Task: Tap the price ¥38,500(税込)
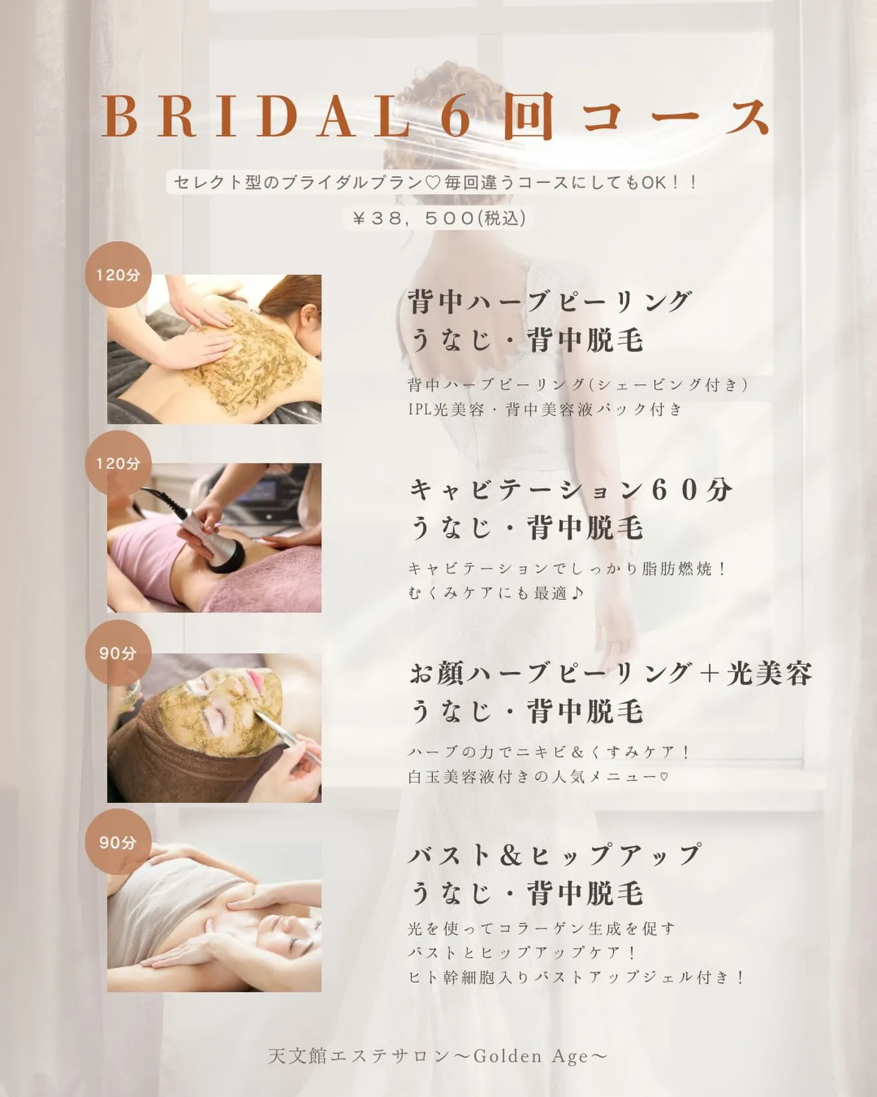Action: pyautogui.click(x=438, y=218)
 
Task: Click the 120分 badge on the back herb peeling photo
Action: pyautogui.click(x=118, y=275)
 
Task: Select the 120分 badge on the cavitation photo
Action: pyautogui.click(x=118, y=463)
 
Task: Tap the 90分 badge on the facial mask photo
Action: pyautogui.click(x=118, y=652)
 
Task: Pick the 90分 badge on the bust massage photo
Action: pyautogui.click(x=118, y=842)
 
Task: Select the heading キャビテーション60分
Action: pyautogui.click(x=570, y=489)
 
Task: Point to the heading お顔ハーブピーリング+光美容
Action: pyautogui.click(x=611, y=673)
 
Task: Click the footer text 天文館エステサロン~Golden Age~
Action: pyautogui.click(x=438, y=1056)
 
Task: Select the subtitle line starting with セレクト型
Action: pyautogui.click(x=435, y=183)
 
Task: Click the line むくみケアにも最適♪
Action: pyautogui.click(x=497, y=593)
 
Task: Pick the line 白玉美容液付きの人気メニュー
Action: pyautogui.click(x=538, y=776)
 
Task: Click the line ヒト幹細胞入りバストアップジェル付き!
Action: pyautogui.click(x=576, y=977)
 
